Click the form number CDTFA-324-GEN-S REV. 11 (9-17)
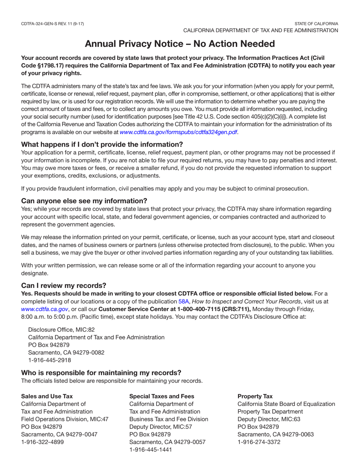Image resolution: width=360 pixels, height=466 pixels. pyautogui.click(x=53, y=24)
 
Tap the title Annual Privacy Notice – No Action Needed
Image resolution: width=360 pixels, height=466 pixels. pyautogui.click(x=180, y=44)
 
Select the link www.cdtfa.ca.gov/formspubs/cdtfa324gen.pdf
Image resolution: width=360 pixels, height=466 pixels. pyautogui.click(x=178, y=132)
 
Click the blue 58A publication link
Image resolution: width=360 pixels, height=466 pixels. pyautogui.click(x=183, y=302)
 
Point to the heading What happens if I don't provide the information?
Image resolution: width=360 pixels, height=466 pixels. pyautogui.click(x=102, y=144)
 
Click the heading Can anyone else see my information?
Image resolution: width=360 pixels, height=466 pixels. pyautogui.click(x=84, y=200)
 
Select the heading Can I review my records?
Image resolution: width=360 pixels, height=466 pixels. pyautogui.click(x=64, y=285)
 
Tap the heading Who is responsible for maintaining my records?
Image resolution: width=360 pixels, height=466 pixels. pyautogui.click(x=101, y=372)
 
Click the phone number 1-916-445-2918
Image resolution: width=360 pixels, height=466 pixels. pyautogui.click(x=50, y=360)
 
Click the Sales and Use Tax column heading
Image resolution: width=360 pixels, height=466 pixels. pyautogui.click(x=47, y=396)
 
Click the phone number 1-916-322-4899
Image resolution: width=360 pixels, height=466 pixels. pyautogui.click(x=43, y=442)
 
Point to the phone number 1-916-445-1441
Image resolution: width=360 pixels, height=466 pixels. pyautogui.click(x=151, y=450)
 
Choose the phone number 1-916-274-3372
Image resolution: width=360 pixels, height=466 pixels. pyautogui.click(x=259, y=442)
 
